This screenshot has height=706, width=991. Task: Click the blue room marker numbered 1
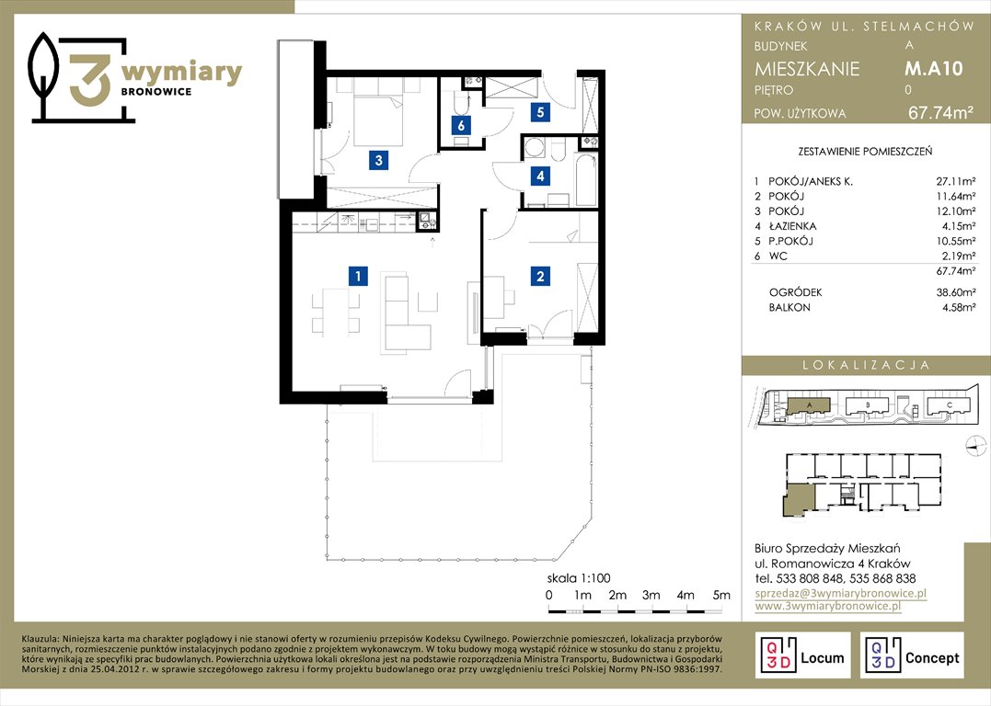pyautogui.click(x=358, y=276)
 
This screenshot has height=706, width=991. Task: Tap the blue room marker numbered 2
pyautogui.click(x=540, y=276)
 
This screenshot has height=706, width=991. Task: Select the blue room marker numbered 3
pyautogui.click(x=378, y=160)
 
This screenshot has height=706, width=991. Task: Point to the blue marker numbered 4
pyautogui.click(x=540, y=176)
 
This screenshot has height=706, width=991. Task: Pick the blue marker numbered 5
pyautogui.click(x=540, y=112)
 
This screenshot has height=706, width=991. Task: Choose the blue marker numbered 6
pyautogui.click(x=461, y=125)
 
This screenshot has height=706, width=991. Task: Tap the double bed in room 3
pyautogui.click(x=378, y=121)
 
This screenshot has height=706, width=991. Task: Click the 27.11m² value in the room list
pyautogui.click(x=956, y=181)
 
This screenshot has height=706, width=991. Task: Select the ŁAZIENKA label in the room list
pyautogui.click(x=792, y=226)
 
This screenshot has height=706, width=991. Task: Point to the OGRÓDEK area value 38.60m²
pyautogui.click(x=956, y=292)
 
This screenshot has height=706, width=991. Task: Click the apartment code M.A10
pyautogui.click(x=933, y=68)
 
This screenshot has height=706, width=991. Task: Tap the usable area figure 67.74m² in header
pyautogui.click(x=940, y=112)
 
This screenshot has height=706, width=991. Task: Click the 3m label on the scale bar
pyautogui.click(x=651, y=595)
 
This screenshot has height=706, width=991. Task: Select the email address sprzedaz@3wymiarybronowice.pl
pyautogui.click(x=841, y=594)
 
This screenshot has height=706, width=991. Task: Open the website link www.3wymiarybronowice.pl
pyautogui.click(x=828, y=606)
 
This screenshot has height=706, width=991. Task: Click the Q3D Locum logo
pyautogui.click(x=802, y=655)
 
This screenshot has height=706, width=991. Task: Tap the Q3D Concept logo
pyautogui.click(x=912, y=655)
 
